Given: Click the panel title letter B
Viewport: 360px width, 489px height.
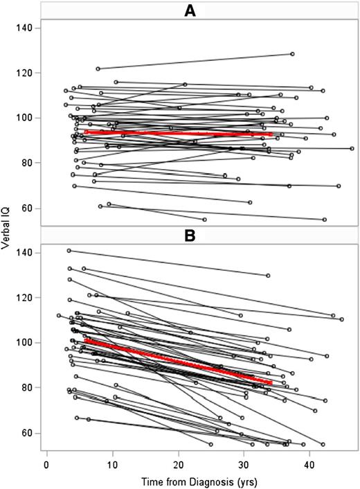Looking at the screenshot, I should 198,235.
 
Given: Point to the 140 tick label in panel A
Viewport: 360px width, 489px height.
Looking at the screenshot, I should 29,28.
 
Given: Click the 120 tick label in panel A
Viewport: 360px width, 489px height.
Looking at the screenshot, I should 29,73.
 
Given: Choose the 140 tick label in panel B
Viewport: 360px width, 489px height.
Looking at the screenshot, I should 29,253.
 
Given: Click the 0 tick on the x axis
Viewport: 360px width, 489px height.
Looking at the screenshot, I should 46,464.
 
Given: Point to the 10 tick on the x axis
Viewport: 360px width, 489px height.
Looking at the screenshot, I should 111,464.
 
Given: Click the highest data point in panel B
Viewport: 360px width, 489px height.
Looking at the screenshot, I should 69,251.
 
